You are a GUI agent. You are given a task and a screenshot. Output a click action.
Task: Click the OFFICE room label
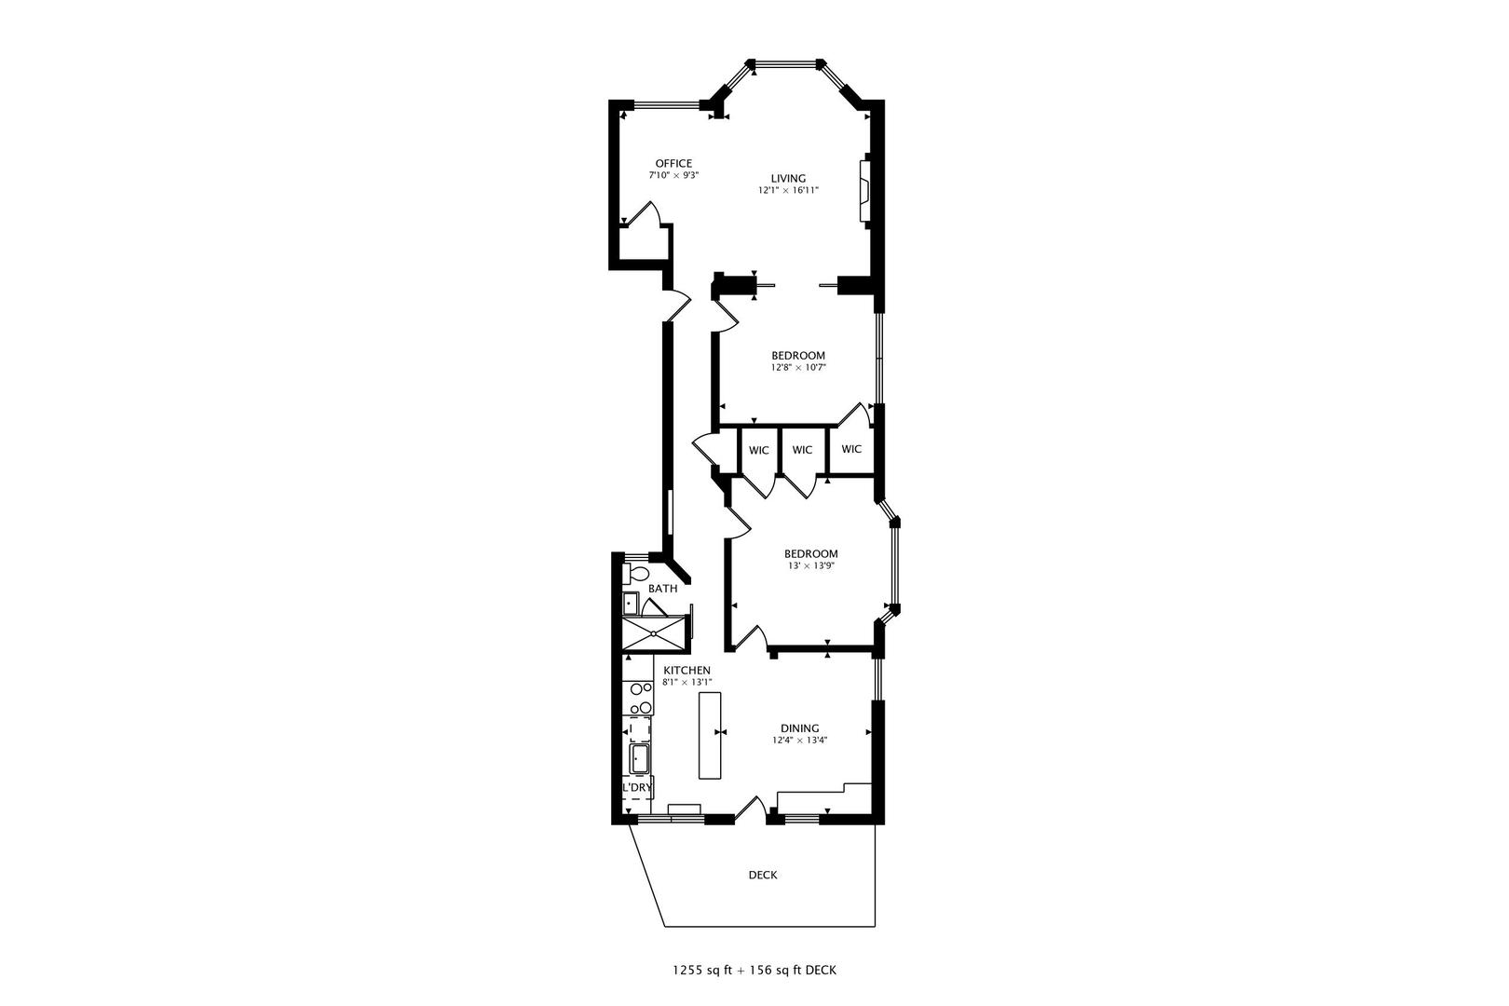[673, 164]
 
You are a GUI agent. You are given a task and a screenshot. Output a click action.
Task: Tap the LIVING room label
[787, 179]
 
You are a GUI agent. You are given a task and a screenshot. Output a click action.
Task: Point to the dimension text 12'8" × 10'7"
[798, 368]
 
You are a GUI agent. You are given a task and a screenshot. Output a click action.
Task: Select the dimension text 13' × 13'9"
[810, 565]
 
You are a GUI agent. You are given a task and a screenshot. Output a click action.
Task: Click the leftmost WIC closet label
[758, 451]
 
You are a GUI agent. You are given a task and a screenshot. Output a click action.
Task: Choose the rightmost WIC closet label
[851, 449]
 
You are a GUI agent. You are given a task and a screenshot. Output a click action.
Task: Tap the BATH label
[662, 589]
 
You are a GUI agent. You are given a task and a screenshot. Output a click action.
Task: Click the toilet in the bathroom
[638, 572]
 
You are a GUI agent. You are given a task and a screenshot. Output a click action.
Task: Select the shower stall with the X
[655, 633]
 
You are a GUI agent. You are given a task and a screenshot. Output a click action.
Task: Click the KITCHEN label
[687, 671]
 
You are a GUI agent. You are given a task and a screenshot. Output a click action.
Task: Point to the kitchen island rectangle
[711, 734]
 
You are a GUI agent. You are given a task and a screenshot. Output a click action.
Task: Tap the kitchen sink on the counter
[640, 759]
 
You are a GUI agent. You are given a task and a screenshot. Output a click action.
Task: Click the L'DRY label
[637, 788]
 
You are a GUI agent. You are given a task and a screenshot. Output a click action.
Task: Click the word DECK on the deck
[763, 876]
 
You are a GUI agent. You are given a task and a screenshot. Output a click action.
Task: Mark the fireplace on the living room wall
[864, 191]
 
